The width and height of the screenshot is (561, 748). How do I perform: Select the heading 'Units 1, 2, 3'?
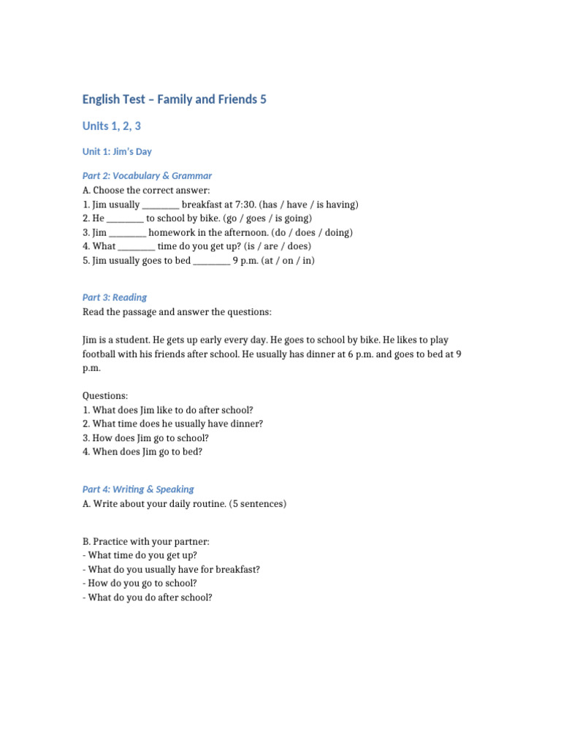point(112,126)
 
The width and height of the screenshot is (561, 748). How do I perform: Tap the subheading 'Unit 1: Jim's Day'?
point(117,152)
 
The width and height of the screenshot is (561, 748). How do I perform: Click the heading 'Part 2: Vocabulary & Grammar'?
point(147,176)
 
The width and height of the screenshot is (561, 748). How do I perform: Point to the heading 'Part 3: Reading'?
point(115,297)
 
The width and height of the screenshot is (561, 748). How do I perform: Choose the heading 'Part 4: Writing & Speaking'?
point(138,489)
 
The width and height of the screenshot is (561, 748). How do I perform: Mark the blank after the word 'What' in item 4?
point(136,247)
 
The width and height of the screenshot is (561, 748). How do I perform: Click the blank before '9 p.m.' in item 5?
point(212,261)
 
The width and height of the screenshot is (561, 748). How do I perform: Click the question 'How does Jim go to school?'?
point(145,438)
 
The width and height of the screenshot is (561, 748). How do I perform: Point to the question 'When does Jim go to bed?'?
point(142,452)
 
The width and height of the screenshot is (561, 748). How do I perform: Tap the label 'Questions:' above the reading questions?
point(105,396)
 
